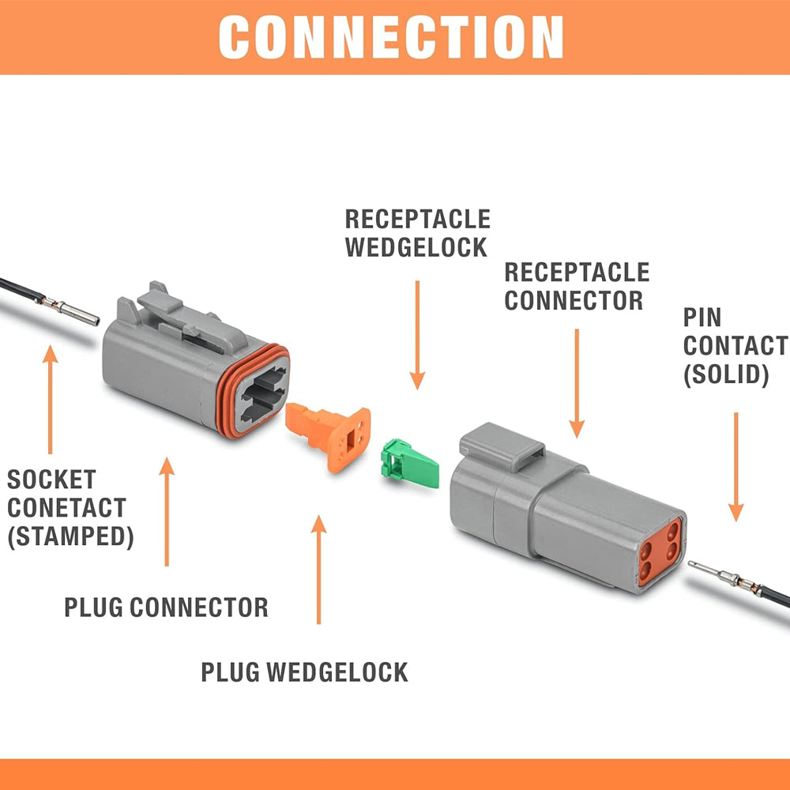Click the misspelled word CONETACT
tap(66, 507)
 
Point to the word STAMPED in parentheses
tap(71, 536)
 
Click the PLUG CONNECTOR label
tap(166, 608)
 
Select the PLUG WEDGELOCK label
tap(304, 672)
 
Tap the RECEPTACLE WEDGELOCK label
tap(417, 233)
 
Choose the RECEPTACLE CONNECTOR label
tap(576, 287)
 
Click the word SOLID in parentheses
tap(726, 374)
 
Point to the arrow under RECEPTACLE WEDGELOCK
tap(417, 332)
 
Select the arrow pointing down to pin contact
tap(736, 466)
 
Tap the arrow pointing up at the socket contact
tap(51, 399)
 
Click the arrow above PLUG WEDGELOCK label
tap(319, 569)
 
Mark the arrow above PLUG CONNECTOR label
tap(166, 510)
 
